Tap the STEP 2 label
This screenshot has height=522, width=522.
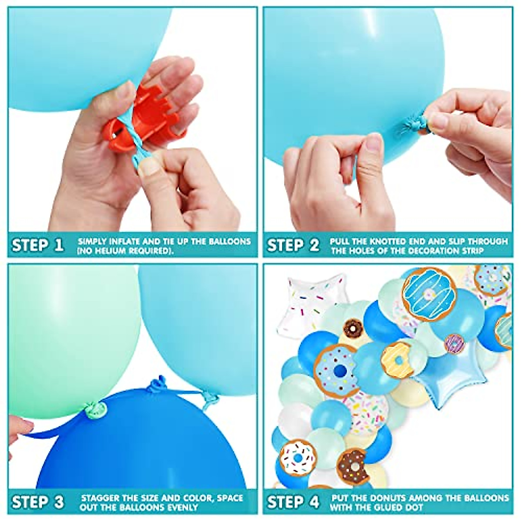click(x=293, y=245)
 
